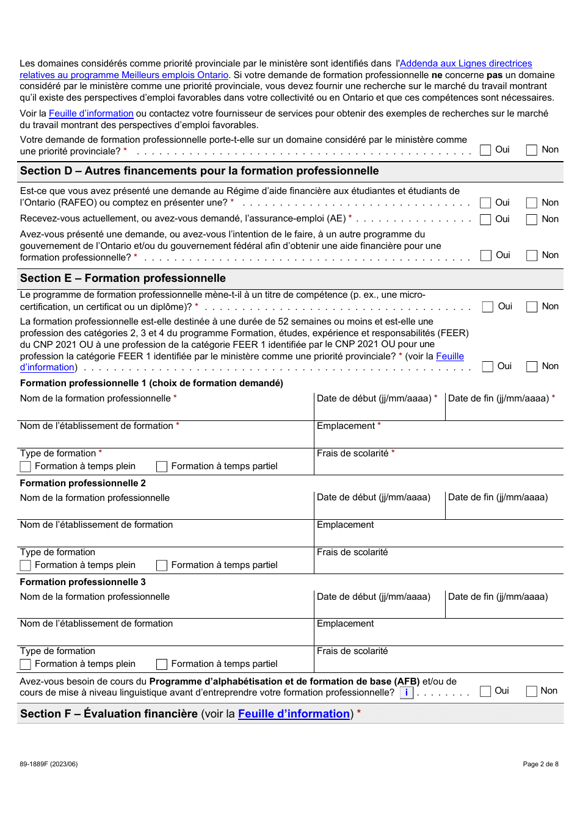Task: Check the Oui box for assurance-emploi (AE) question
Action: tap(486, 220)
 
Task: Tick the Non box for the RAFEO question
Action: tap(532, 203)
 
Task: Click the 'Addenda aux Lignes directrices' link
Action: tap(466, 63)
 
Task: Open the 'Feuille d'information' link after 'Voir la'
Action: tap(91, 113)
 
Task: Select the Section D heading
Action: tap(199, 171)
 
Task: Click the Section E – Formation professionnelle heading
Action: tap(123, 278)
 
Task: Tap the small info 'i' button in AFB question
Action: tap(407, 693)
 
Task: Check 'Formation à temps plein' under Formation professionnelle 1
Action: tap(26, 467)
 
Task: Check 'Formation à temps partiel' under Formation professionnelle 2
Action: tap(162, 566)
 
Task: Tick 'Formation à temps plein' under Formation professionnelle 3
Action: tap(26, 664)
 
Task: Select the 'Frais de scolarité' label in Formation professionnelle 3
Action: tap(352, 651)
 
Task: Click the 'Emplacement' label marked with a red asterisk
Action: tap(346, 426)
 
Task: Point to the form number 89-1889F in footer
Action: tap(48, 764)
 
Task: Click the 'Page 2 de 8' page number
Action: tap(540, 764)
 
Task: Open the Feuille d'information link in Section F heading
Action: tap(294, 714)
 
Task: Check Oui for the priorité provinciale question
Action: tap(486, 150)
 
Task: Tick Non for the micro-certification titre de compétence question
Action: tap(532, 307)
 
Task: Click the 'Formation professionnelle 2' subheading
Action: tap(83, 483)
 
